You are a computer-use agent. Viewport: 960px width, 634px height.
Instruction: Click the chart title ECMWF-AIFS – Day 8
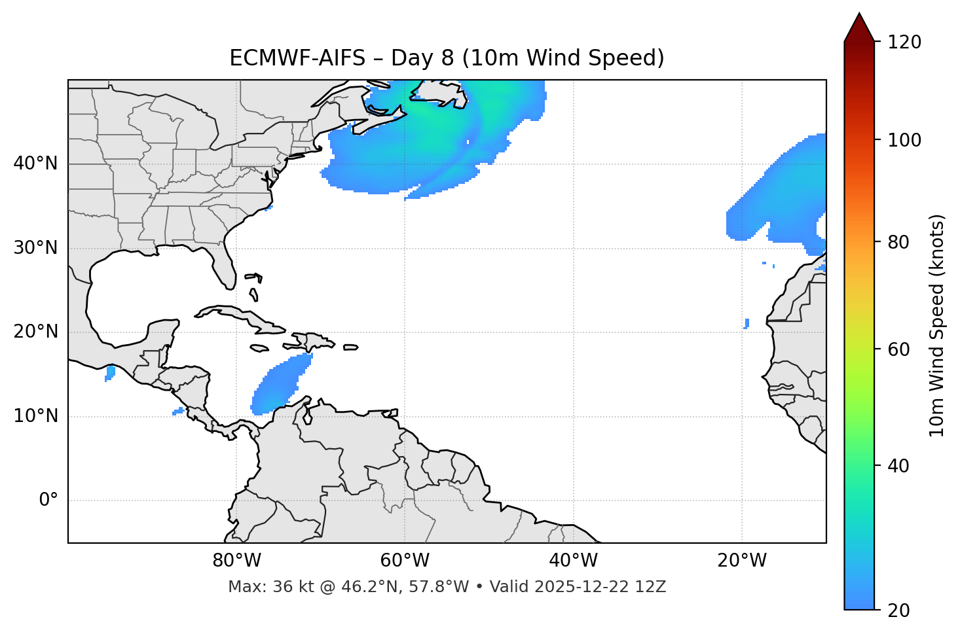(447, 58)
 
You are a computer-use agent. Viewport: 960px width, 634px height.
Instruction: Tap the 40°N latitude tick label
(35, 164)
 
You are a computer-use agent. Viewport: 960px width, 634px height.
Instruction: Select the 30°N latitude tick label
(35, 248)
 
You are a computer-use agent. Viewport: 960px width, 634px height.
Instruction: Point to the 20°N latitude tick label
(35, 332)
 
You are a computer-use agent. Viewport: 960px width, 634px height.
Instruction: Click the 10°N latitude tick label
(35, 416)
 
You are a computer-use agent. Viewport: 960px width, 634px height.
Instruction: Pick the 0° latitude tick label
(48, 501)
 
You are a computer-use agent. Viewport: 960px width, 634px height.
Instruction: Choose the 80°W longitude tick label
(236, 561)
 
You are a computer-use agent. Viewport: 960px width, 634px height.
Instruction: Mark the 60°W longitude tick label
(405, 561)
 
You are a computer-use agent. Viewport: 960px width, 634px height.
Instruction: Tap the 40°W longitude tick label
(573, 561)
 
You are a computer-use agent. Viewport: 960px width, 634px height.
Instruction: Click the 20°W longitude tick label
(741, 561)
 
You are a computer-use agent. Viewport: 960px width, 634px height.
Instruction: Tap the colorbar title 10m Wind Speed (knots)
(937, 325)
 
